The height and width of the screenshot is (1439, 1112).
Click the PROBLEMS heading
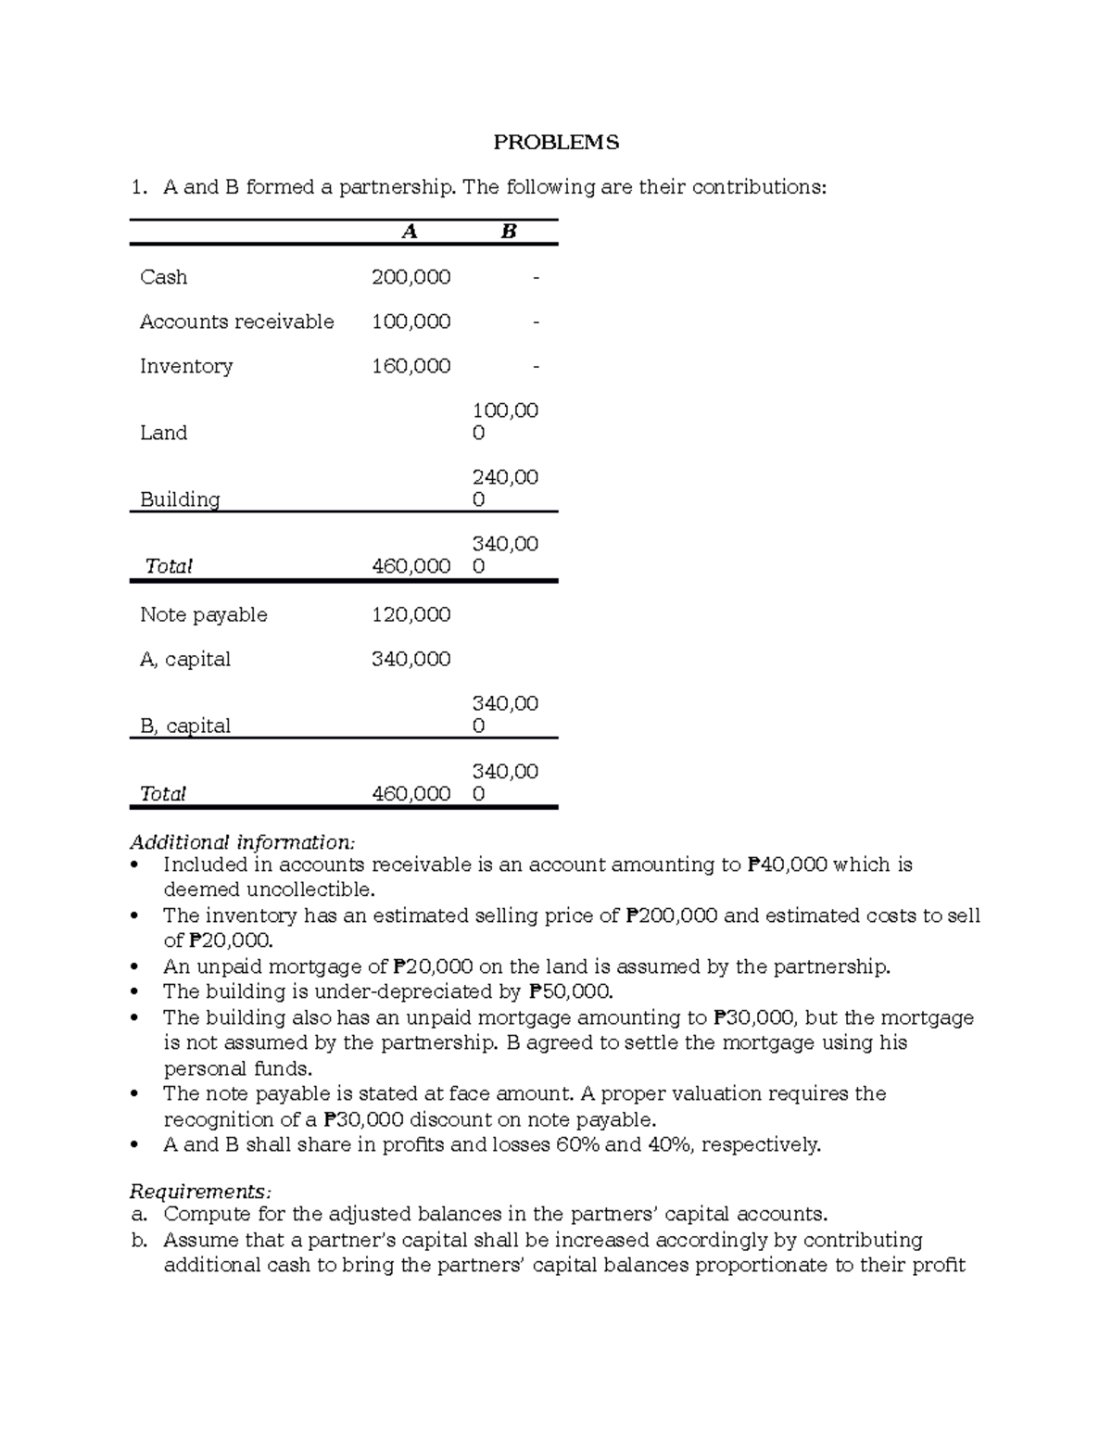tap(556, 142)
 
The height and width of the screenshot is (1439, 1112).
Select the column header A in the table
tap(410, 232)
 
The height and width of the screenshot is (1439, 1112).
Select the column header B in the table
tap(508, 232)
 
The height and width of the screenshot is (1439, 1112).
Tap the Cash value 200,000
tap(411, 277)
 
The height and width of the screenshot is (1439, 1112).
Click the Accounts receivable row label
tap(236, 322)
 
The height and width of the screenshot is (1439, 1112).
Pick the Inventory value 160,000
tap(411, 366)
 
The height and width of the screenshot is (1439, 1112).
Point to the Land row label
tap(163, 433)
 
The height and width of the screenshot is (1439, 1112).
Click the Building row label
tap(180, 499)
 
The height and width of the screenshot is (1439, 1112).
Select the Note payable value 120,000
tap(411, 614)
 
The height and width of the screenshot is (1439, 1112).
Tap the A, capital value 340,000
tap(411, 659)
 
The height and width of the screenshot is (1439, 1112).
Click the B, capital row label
tap(184, 726)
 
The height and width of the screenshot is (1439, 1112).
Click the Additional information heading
tap(242, 842)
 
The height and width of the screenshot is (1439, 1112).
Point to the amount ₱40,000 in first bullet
tap(786, 865)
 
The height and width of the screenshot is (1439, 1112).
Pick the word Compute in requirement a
tap(202, 1214)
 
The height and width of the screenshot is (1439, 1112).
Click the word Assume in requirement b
tap(197, 1240)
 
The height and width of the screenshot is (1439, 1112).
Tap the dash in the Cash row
tap(535, 277)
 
